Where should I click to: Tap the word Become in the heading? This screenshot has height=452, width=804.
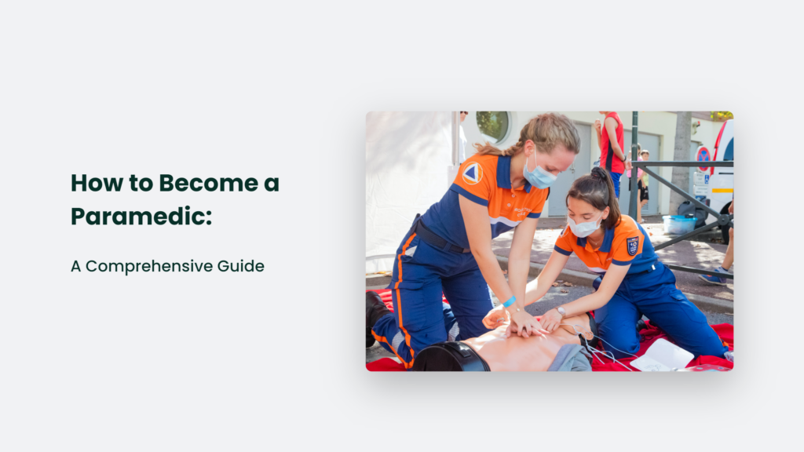coord(208,183)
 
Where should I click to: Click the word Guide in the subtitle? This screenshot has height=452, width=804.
coord(240,266)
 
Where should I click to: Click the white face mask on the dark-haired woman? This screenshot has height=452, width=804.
coord(584,227)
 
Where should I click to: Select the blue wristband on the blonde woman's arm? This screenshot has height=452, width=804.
coord(509,301)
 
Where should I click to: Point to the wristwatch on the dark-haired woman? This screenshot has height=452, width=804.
coord(561,311)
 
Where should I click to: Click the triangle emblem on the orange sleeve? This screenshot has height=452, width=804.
coord(472,173)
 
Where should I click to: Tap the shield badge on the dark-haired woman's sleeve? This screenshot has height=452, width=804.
coord(633,246)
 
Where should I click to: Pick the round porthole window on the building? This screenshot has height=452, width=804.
coord(493,126)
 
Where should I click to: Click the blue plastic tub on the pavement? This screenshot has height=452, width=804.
coord(679,224)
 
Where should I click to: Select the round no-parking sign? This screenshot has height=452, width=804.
coord(703,157)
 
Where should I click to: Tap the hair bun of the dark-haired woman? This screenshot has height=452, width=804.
coord(598,173)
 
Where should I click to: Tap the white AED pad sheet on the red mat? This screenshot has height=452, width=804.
coord(662,355)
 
